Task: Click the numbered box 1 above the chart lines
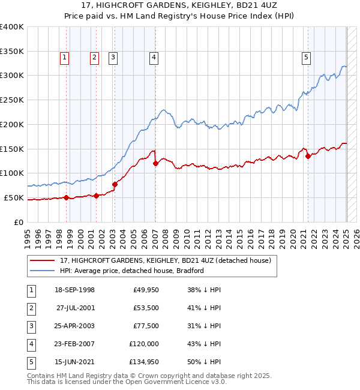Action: [64, 58]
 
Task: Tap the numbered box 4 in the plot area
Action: [154, 58]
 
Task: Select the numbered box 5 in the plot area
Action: [306, 58]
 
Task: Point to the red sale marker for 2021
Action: [308, 156]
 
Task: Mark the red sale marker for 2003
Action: [115, 184]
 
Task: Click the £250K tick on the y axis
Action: [12, 100]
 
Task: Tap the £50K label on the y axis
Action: [14, 197]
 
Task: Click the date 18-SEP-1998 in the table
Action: [74, 290]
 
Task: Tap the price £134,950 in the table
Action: [142, 362]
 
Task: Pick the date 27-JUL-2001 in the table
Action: [75, 308]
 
